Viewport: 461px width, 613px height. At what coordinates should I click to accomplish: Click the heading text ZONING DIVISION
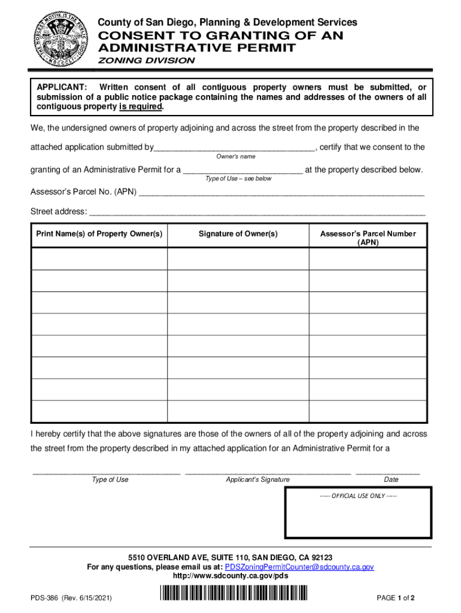point(146,60)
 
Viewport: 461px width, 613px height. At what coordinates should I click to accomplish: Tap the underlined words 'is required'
point(141,107)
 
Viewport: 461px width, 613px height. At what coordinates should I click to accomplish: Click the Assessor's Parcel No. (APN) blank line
point(281,193)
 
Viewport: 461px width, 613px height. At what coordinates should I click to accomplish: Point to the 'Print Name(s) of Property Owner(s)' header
point(99,234)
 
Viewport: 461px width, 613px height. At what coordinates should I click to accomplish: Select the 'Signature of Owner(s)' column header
point(238,234)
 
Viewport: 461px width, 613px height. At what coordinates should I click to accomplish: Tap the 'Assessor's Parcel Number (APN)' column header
point(368,238)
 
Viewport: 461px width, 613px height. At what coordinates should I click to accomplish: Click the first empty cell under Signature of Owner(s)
point(238,259)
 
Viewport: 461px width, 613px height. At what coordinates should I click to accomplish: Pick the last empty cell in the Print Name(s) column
point(99,411)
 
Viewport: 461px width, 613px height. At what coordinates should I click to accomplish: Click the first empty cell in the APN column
point(368,259)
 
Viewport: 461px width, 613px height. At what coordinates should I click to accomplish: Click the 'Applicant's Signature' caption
point(257,480)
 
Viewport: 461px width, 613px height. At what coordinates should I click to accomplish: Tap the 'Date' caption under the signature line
point(391,480)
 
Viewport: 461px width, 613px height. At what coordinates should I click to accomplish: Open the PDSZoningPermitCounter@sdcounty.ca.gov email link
point(299,566)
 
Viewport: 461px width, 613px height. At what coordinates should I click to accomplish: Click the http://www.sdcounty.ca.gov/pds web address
point(230,576)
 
